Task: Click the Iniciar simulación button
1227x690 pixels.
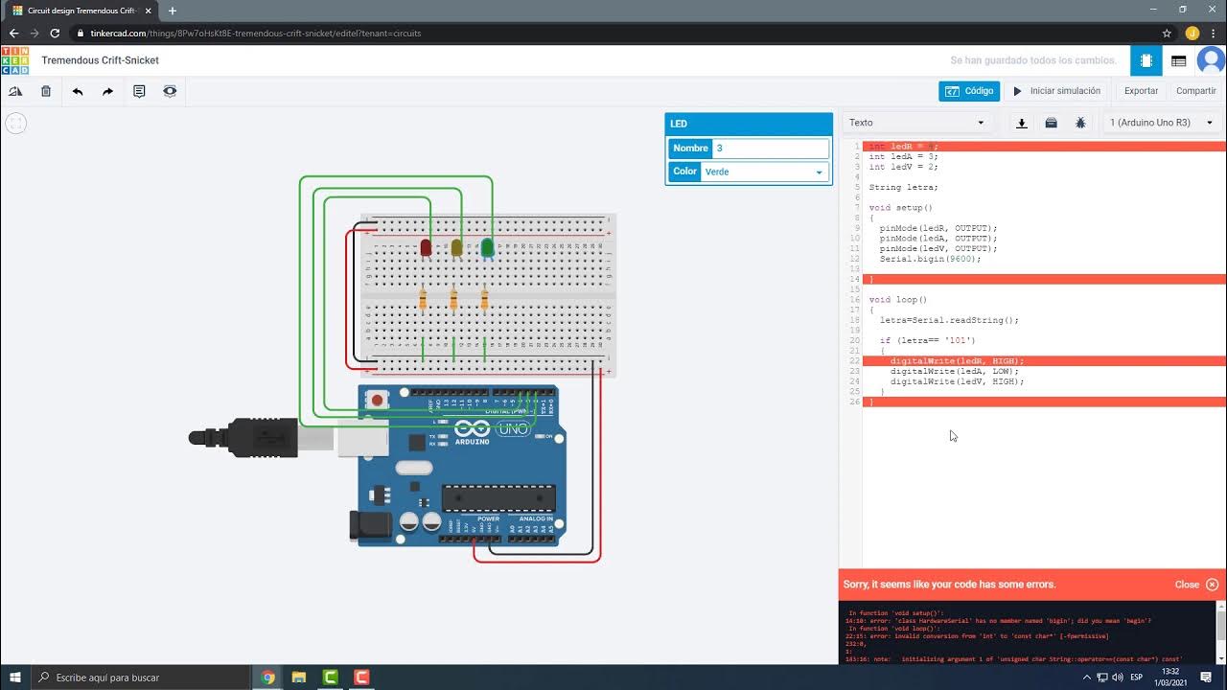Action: (x=1056, y=91)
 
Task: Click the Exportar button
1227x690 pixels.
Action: (x=1141, y=91)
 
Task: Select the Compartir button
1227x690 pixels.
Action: (x=1195, y=91)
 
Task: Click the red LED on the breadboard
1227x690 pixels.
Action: (x=426, y=248)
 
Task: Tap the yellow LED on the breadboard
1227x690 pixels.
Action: (x=456, y=248)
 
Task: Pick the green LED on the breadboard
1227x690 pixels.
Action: (x=487, y=248)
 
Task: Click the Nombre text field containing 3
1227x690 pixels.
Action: (x=771, y=149)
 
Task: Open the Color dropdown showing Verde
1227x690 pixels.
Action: (x=764, y=172)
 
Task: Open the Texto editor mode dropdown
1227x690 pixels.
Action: (x=916, y=123)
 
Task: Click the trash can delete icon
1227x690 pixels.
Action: (x=46, y=91)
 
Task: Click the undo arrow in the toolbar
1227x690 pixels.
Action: (x=78, y=91)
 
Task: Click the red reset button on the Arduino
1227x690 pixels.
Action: (x=377, y=400)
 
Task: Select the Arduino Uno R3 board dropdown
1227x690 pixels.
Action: (x=1161, y=123)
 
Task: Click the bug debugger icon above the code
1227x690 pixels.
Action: (x=1080, y=123)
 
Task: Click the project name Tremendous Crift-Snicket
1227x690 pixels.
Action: (x=100, y=60)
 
